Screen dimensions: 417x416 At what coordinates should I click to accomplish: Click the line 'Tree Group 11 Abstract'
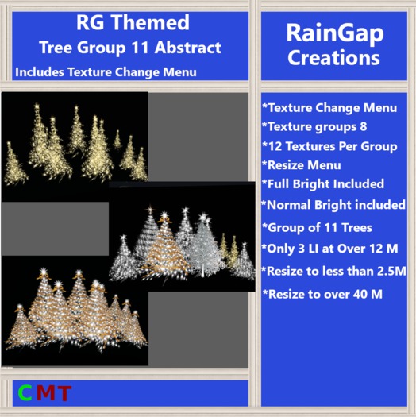pyautogui.click(x=130, y=48)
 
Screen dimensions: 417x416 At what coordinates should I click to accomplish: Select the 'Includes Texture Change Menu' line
pyautogui.click(x=106, y=72)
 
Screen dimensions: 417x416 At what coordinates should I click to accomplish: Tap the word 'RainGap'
pyautogui.click(x=333, y=33)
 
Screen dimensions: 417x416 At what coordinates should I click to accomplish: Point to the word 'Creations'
pyautogui.click(x=333, y=58)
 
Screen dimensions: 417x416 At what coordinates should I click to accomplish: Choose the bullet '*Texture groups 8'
pyautogui.click(x=314, y=125)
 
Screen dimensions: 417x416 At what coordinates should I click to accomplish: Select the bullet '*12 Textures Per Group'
pyautogui.click(x=328, y=145)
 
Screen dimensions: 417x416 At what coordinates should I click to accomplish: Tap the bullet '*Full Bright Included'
pyautogui.click(x=323, y=184)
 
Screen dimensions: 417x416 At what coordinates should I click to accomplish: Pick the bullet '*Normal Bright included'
pyautogui.click(x=333, y=205)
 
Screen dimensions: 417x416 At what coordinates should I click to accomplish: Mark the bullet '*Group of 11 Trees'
pyautogui.click(x=317, y=228)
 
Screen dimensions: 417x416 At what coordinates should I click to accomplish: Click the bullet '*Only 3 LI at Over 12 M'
pyautogui.click(x=329, y=249)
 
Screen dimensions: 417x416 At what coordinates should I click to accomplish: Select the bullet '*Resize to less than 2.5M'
pyautogui.click(x=334, y=271)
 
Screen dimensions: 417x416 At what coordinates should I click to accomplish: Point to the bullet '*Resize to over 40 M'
pyautogui.click(x=322, y=294)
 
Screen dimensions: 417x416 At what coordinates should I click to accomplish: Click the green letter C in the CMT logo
pyautogui.click(x=25, y=392)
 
